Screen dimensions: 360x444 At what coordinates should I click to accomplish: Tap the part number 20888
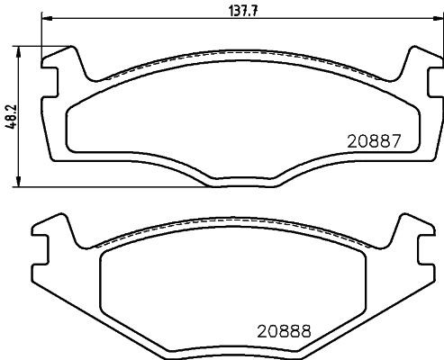click(283, 330)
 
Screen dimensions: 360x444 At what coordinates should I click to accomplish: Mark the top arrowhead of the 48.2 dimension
click(21, 48)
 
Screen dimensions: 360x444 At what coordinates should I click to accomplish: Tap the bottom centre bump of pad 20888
click(236, 352)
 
